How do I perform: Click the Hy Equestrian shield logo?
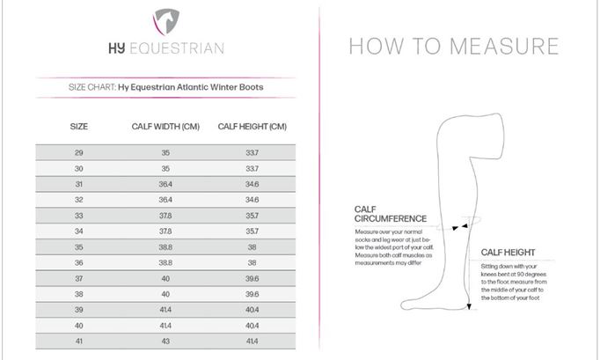point(165,18)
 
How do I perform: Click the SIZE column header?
point(79,127)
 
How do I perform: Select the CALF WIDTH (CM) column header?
point(165,127)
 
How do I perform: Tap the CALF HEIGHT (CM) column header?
point(252,127)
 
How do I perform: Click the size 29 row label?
point(79,153)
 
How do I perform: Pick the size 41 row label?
point(79,340)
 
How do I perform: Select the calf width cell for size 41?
point(165,340)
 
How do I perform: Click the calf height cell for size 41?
point(252,340)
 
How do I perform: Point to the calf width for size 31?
point(165,184)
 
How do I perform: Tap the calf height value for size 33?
point(252,216)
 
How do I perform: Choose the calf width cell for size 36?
point(165,262)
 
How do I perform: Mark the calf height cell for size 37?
point(252,278)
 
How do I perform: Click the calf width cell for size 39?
point(165,309)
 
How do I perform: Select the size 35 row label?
point(79,246)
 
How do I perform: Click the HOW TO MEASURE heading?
point(453,47)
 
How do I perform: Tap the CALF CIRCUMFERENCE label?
point(390,214)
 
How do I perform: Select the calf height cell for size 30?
point(252,168)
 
